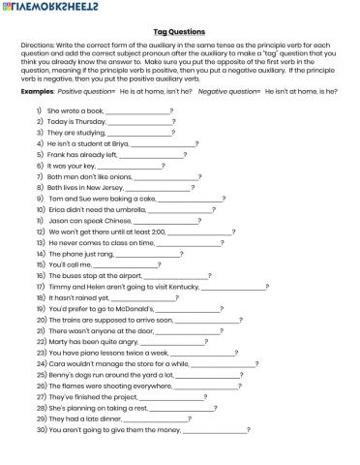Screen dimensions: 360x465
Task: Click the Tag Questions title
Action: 179,32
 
